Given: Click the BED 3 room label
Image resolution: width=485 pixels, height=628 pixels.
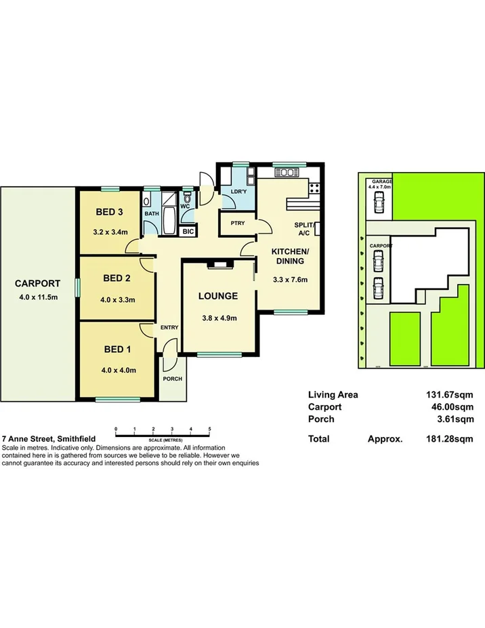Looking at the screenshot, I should pos(108,211).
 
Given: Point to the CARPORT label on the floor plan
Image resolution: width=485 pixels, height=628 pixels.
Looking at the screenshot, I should pos(38,284).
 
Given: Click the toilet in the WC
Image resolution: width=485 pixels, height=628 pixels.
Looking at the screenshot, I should pos(187,198).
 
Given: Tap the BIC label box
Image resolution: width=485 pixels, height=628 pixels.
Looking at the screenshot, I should pos(187,231).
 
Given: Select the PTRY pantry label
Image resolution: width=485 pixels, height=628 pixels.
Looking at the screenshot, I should pos(237,223).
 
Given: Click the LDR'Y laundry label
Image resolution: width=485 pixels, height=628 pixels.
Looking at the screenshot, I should pos(238,192).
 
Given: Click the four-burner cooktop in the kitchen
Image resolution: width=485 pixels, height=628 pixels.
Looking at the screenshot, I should pos(314,187).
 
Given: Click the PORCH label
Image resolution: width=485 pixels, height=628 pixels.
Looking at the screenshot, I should pos(173,378).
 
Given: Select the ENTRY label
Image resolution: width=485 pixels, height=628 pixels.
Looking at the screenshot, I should pos(169,328).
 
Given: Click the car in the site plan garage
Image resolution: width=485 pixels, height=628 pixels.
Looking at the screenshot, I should pos(378,201).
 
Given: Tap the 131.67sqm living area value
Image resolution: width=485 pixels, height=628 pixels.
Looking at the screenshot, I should pos(448,394).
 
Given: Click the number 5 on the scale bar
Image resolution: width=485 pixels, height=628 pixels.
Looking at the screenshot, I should pos(210,430).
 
